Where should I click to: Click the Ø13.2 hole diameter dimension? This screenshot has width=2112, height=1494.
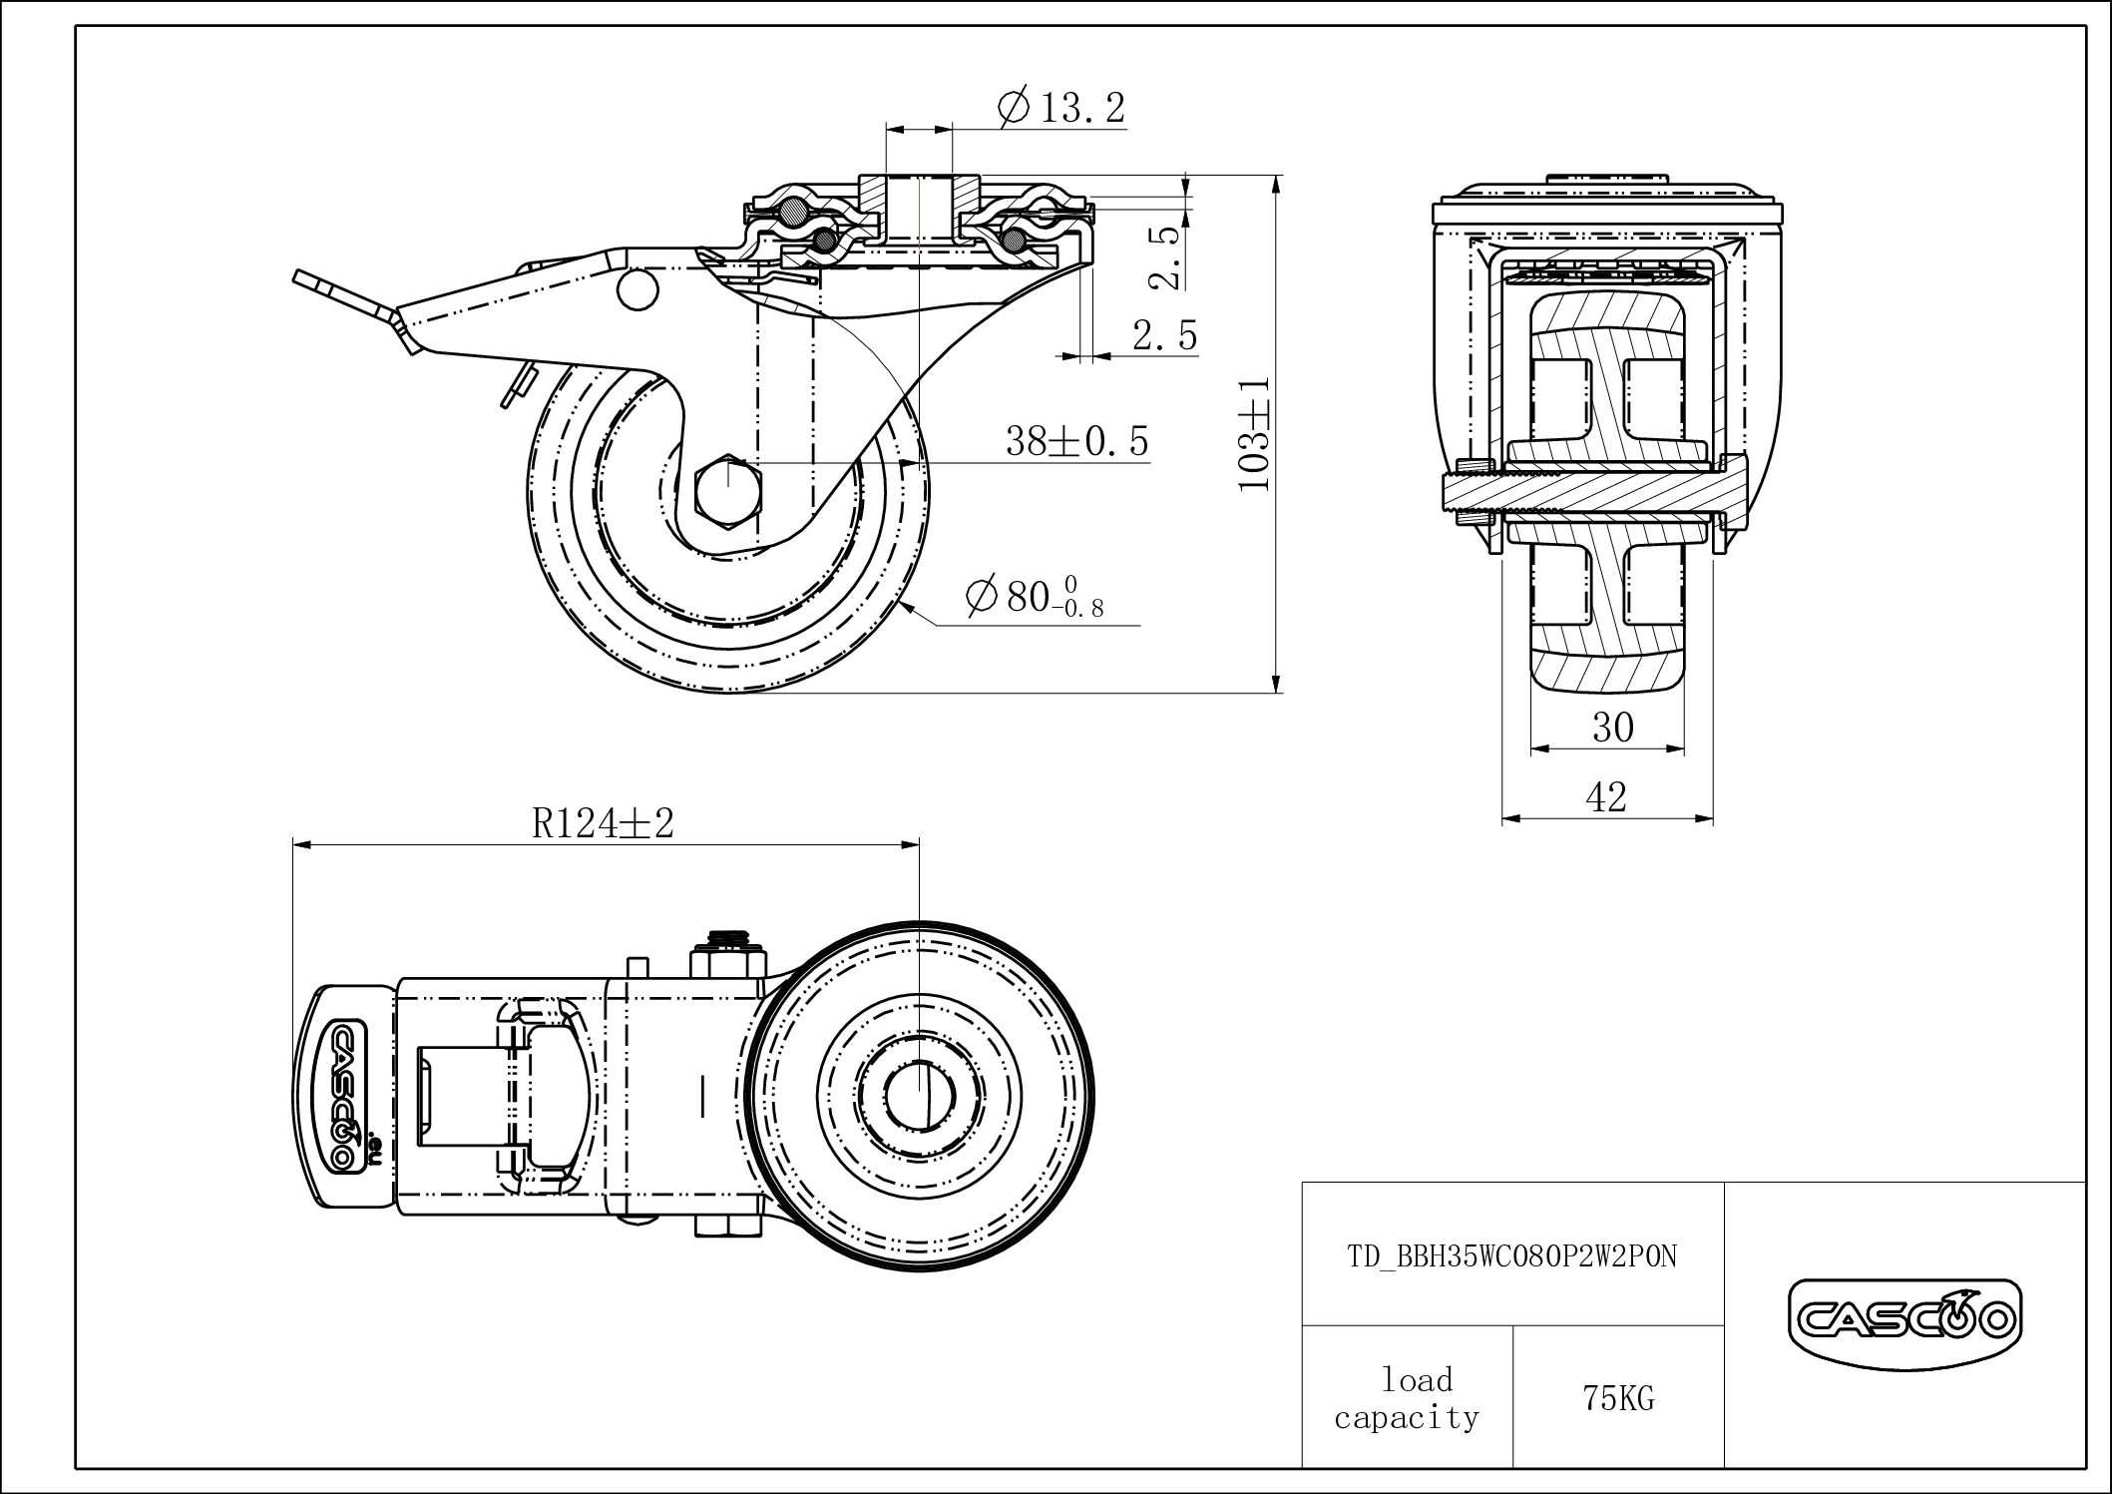pyautogui.click(x=1061, y=106)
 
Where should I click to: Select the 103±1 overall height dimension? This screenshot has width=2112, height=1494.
pyautogui.click(x=1254, y=434)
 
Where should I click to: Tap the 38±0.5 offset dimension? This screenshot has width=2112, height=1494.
pyautogui.click(x=1077, y=440)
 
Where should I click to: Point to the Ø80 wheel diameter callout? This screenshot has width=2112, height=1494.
pyautogui.click(x=1035, y=597)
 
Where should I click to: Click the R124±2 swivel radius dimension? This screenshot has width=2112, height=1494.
pyautogui.click(x=604, y=823)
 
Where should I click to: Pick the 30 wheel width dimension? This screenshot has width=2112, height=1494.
pyautogui.click(x=1612, y=728)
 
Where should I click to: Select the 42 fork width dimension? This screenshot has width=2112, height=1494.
pyautogui.click(x=1606, y=796)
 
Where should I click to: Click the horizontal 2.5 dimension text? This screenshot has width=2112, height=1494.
pyautogui.click(x=1165, y=335)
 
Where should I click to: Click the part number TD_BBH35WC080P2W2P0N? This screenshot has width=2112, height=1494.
pyautogui.click(x=1512, y=1255)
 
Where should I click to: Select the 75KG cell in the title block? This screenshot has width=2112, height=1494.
pyautogui.click(x=1618, y=1399)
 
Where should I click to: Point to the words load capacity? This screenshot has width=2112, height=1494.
pyautogui.click(x=1407, y=1399)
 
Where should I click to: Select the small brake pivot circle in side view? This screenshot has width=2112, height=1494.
pyautogui.click(x=638, y=289)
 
